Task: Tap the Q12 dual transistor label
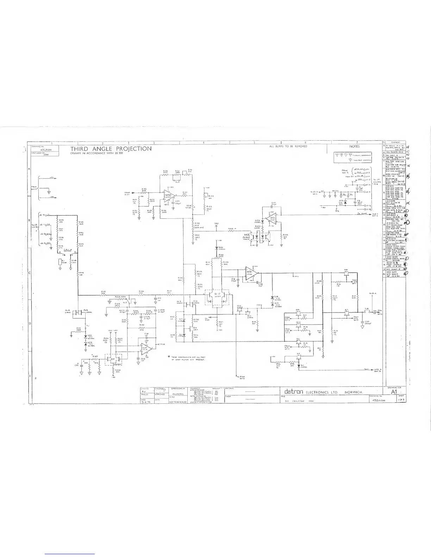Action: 217,293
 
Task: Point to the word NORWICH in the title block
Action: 355,392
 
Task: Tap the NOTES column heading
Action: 354,146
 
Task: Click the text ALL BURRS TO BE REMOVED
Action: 288,146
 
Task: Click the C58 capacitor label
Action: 367,322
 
